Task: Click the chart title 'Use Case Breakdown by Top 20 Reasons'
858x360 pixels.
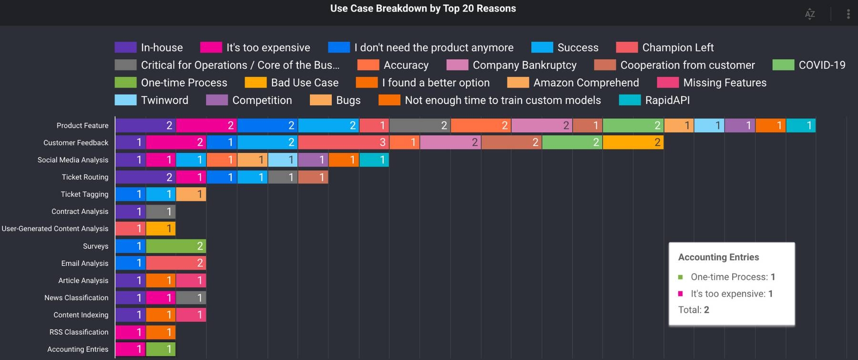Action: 423,9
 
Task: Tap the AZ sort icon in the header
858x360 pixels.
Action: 810,14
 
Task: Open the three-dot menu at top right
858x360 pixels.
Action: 848,14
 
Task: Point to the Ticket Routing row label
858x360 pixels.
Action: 85,177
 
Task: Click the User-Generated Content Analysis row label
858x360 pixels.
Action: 55,229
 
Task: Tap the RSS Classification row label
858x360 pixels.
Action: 79,332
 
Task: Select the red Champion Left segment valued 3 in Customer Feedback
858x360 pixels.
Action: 343,143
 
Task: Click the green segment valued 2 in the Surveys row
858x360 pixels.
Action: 176,246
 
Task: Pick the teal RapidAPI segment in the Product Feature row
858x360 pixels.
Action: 801,125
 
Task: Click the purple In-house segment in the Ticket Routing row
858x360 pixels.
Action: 145,177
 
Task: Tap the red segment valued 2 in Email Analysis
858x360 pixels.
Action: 176,263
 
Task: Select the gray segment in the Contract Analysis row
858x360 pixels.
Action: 161,212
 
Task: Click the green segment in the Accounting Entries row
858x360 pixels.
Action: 161,350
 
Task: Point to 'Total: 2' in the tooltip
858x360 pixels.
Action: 694,310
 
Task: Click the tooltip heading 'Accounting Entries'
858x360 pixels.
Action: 718,257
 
